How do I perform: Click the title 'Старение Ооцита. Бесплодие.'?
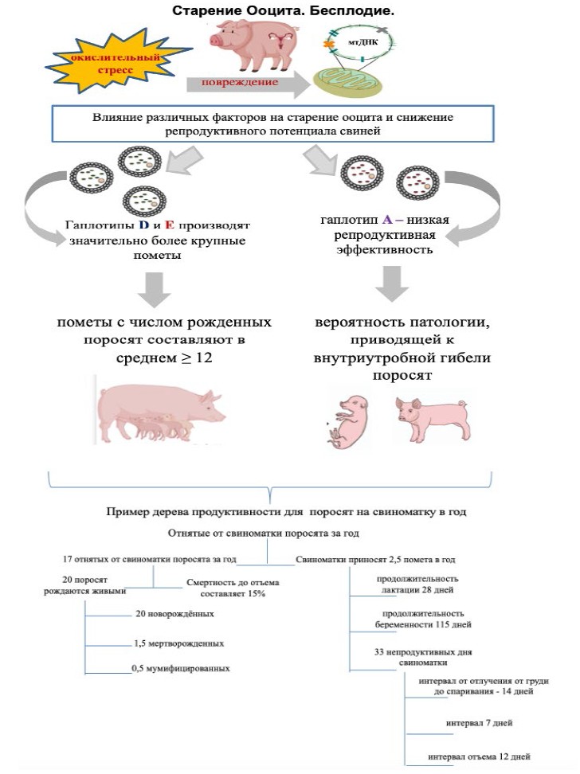click(284, 12)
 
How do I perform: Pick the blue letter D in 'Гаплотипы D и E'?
click(144, 225)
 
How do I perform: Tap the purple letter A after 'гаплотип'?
click(386, 219)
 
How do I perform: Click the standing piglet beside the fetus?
click(431, 417)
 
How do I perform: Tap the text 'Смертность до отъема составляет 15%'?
click(227, 588)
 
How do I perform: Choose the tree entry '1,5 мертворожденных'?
click(178, 643)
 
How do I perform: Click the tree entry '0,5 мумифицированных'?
click(182, 668)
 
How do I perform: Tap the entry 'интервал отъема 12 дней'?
click(479, 756)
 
